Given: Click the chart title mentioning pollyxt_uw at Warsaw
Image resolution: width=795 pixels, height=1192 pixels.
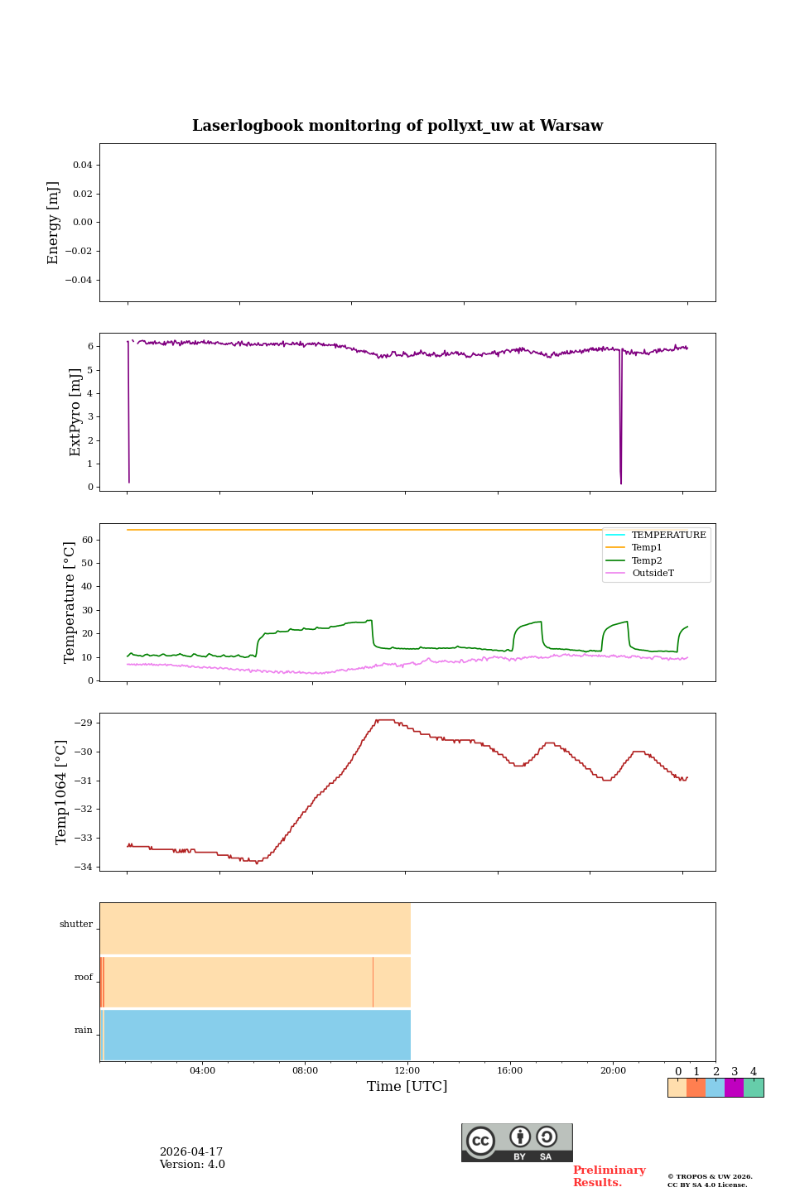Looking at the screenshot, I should pos(397,126).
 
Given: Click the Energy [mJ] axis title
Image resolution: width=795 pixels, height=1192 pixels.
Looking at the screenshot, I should pos(54,223).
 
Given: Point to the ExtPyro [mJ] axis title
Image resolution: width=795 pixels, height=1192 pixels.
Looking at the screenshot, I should pos(75,412).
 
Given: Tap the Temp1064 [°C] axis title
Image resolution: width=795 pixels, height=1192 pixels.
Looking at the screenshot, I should pos(61,792).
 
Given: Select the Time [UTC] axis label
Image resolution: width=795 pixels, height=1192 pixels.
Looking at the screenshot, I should pos(407,1087).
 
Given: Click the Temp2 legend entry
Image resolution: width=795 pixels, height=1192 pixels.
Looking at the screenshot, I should pos(647,560).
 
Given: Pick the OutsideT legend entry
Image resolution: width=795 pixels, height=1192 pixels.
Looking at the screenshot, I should pos(653,573).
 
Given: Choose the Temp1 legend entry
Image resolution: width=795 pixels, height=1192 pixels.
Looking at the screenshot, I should pos(647,548).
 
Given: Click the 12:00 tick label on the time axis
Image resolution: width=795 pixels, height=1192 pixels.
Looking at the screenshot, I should pos(407,1071).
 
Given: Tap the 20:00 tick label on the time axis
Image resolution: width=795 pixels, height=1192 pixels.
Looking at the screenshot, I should pos(613,1071).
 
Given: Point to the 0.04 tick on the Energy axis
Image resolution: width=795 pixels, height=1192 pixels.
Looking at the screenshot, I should pos(82,166).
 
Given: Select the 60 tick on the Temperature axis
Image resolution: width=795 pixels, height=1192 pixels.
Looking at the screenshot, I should pos(87,540).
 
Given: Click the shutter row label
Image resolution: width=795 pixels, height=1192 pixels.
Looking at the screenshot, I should pos(76,925).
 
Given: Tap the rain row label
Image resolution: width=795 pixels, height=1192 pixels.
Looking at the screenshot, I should pos(84,1031).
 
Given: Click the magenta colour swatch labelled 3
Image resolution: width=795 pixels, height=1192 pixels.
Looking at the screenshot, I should pos(734,1088).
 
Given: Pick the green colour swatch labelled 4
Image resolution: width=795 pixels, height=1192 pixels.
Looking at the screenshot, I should pos(754,1088).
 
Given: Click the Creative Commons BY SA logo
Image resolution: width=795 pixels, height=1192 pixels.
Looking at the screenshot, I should pos(517,1142).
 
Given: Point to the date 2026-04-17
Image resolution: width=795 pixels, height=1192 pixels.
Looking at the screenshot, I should pos(191,1152).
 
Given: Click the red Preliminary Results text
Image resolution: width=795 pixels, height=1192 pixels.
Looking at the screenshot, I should pos(609,1176).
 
